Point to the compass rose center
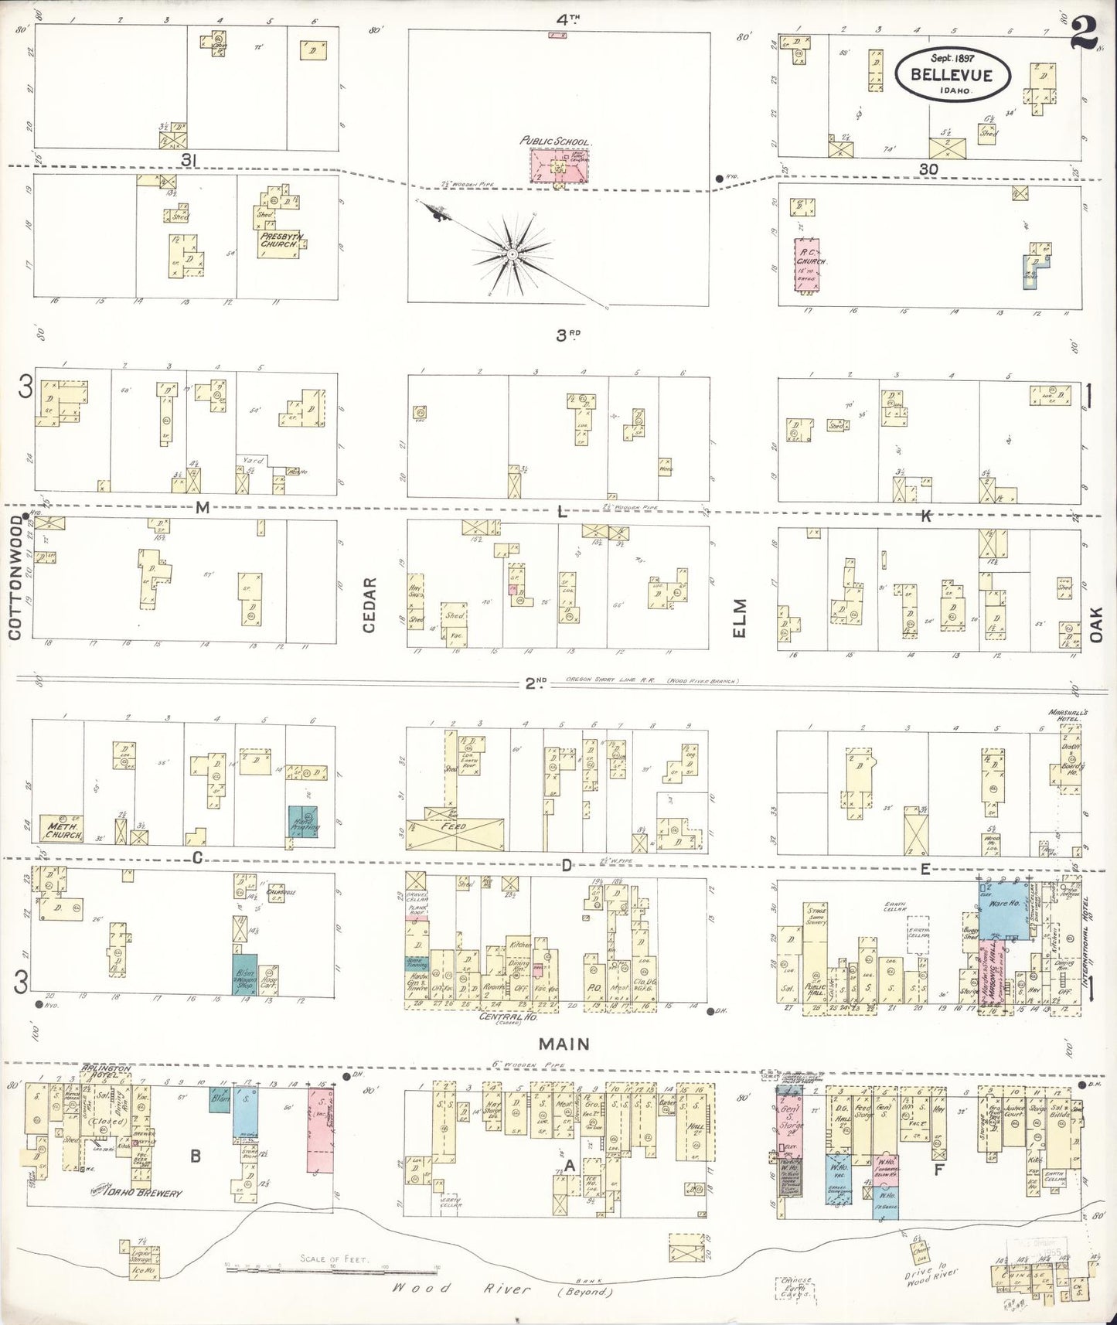[511, 254]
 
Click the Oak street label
[1096, 623]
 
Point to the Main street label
[564, 1044]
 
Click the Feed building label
[454, 826]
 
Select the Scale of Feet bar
[332, 1269]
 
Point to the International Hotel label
[1087, 944]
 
